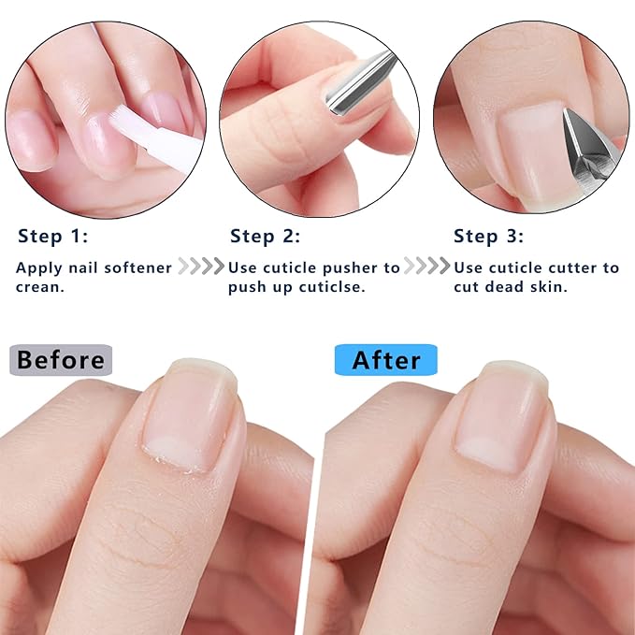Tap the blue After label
385,360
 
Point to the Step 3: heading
489,236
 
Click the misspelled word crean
38,287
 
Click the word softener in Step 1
136,267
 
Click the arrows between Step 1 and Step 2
201,267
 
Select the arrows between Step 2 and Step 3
426,267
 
